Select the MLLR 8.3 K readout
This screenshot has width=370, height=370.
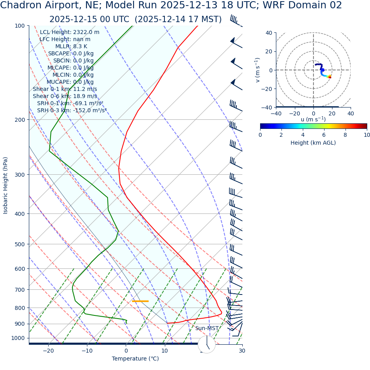click(x=71, y=46)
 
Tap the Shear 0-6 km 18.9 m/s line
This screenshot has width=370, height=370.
click(x=65, y=96)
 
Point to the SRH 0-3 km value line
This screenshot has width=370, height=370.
click(x=72, y=110)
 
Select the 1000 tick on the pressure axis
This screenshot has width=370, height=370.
click(x=17, y=338)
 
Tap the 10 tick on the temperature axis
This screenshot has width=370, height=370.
click(x=164, y=351)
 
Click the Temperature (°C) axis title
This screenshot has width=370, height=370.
click(x=135, y=359)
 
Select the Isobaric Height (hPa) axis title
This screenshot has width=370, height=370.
click(x=6, y=185)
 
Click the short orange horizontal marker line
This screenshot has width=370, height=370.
click(x=140, y=301)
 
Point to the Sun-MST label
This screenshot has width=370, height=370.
click(x=207, y=328)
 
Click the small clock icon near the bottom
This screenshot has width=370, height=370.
click(x=206, y=344)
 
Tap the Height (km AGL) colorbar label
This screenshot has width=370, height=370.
click(x=313, y=143)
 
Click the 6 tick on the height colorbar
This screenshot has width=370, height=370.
click(x=324, y=135)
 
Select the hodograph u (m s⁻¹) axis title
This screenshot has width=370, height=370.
click(x=313, y=119)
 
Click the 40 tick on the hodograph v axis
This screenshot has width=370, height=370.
click(x=269, y=33)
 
